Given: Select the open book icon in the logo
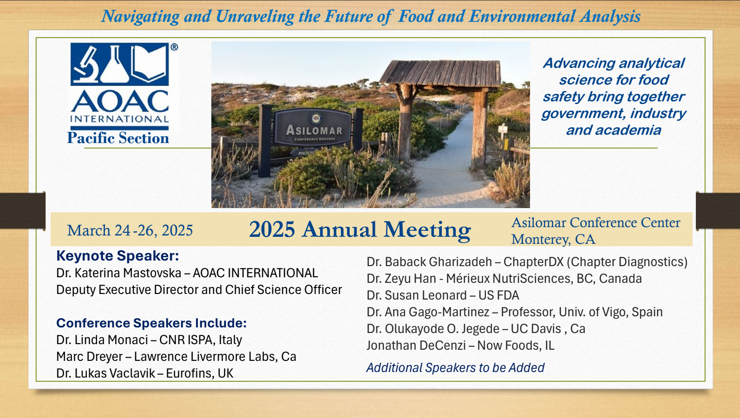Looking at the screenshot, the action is (x=148, y=63).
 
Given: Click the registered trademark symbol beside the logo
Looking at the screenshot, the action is (x=174, y=47).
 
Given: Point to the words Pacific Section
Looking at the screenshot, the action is (x=118, y=138).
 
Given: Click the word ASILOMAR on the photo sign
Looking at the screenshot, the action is (x=314, y=131).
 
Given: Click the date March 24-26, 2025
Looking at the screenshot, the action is (x=130, y=230).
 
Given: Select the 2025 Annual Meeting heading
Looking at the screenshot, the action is (x=360, y=229).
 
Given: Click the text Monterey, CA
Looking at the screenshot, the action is (x=553, y=239).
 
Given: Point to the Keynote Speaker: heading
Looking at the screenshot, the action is (x=118, y=256).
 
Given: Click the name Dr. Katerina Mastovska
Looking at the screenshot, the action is (x=118, y=273).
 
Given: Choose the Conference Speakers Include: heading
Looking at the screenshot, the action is (x=151, y=323).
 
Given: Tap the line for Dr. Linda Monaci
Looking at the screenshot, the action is (x=149, y=340).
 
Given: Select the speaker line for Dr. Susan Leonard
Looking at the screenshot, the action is (x=443, y=295).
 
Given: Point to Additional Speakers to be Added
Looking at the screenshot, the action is (x=456, y=368).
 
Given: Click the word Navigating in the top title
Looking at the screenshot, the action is (x=140, y=17).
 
